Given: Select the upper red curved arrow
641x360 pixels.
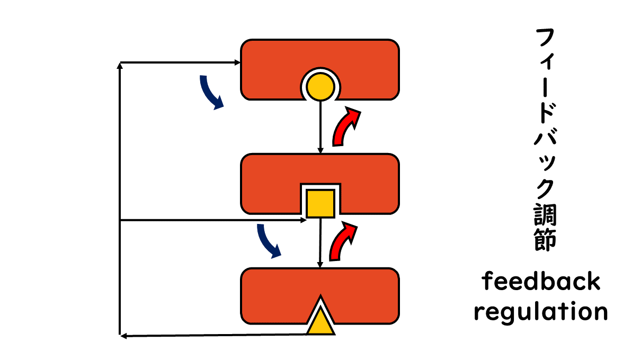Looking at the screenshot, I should pos(345,126).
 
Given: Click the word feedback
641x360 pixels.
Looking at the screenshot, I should pos(541,282).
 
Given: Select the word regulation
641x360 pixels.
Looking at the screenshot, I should pos(541,312).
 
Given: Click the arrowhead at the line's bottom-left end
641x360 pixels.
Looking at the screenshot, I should pos(123,335).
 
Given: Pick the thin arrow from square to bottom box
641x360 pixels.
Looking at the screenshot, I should pos(320,242).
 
